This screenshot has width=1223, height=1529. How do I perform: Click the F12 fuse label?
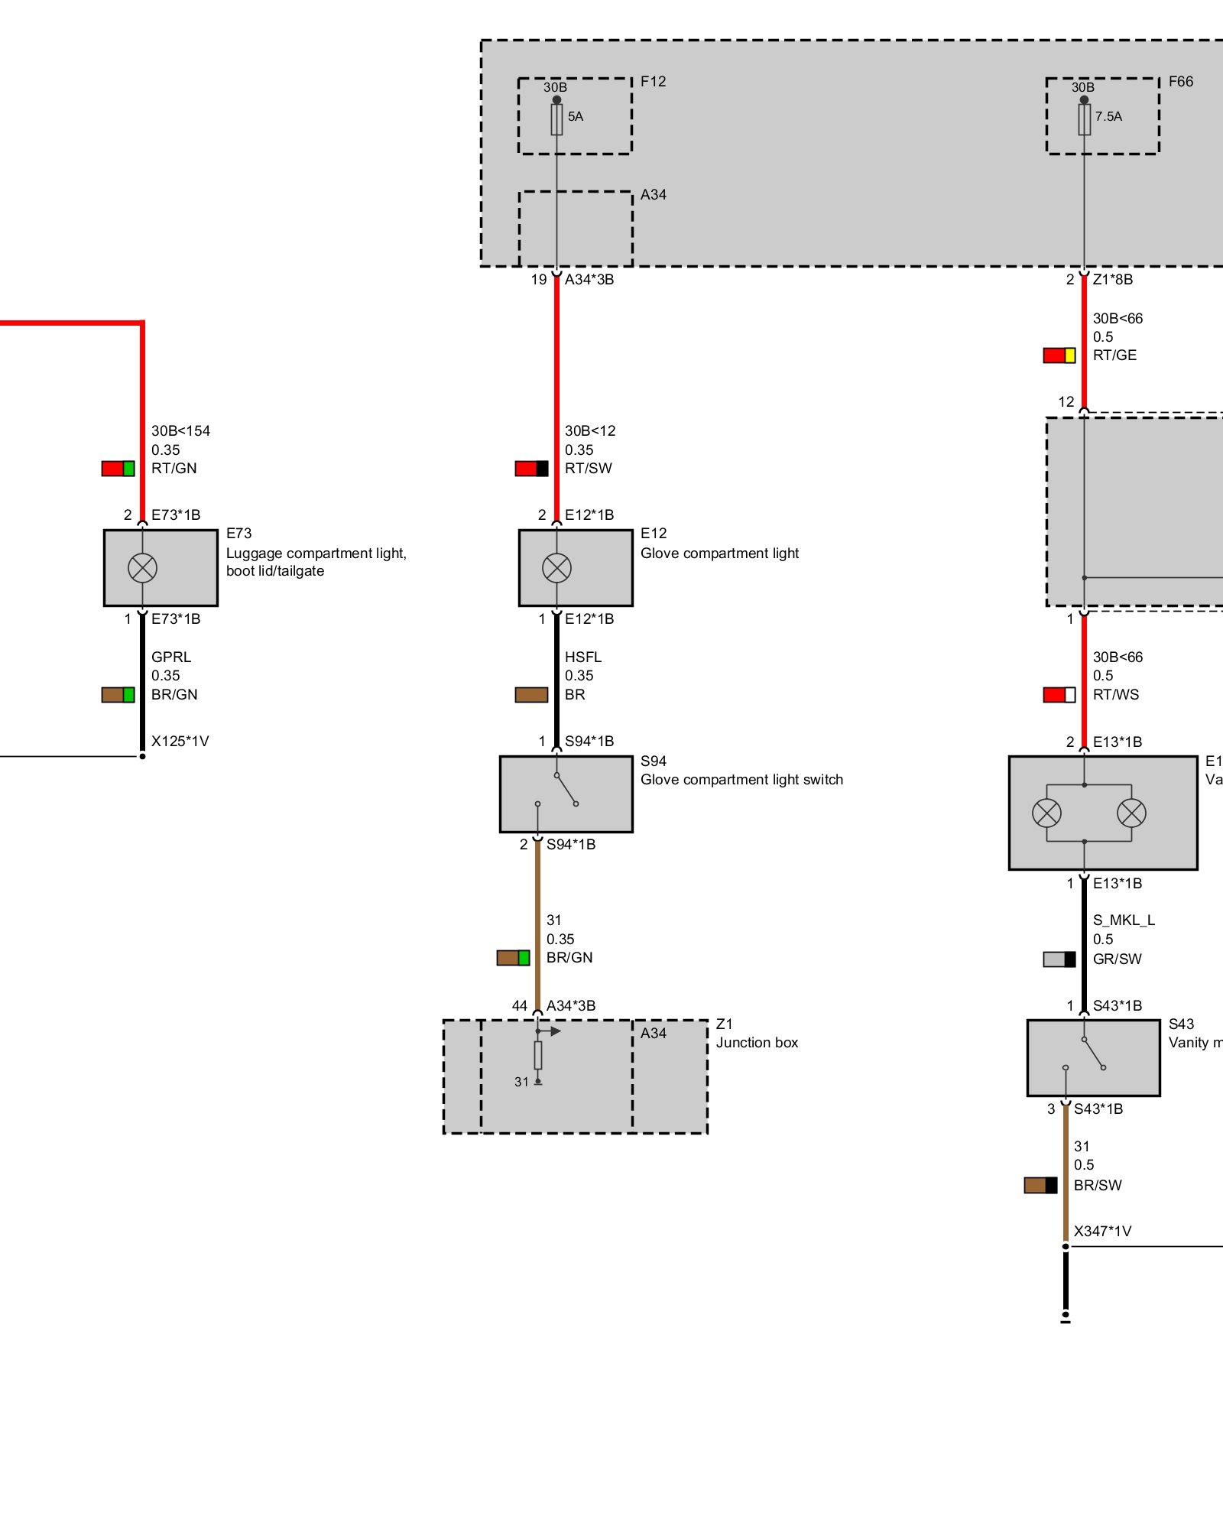653,82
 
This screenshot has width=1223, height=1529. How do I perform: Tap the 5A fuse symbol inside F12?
556,119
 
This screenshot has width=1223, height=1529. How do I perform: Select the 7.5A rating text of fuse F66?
1108,117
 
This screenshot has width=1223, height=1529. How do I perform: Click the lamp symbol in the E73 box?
142,568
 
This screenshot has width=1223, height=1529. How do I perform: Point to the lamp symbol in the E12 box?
556,568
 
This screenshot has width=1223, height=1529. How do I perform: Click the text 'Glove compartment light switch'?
741,780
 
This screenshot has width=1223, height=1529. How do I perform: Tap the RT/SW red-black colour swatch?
531,469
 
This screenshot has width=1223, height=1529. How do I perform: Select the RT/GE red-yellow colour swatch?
1059,355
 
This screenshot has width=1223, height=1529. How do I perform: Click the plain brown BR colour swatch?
531,695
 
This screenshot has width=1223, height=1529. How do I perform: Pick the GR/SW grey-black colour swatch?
1059,959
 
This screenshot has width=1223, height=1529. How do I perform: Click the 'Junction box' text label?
757,1043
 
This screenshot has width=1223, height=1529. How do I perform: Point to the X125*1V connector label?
180,741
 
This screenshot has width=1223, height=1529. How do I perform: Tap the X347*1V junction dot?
1066,1247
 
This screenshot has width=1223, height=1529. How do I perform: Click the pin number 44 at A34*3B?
520,1006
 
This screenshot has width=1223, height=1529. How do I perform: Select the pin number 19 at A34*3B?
539,280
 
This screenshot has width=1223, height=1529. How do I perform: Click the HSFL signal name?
583,657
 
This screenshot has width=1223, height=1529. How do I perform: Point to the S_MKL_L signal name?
1124,920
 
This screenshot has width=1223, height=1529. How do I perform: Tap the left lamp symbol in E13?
1046,813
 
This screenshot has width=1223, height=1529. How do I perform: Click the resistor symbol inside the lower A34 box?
538,1055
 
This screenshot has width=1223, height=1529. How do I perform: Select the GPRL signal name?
171,657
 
